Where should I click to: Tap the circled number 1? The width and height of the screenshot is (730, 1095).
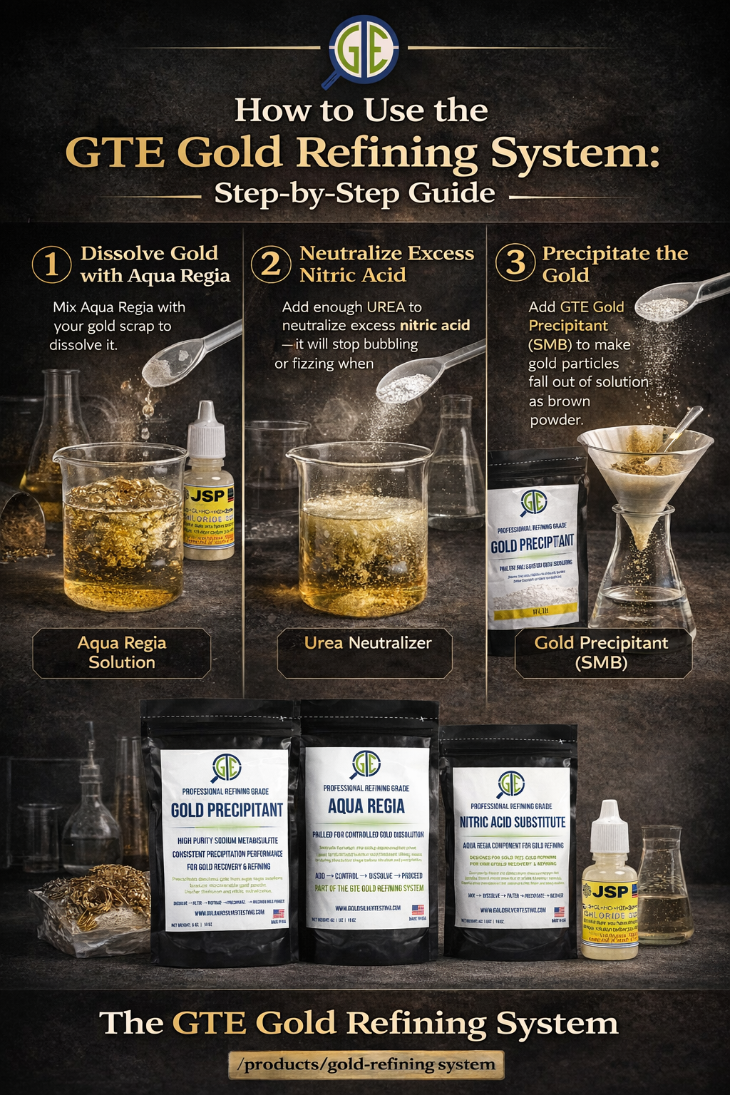[51, 264]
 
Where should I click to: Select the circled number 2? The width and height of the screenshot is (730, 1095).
[271, 264]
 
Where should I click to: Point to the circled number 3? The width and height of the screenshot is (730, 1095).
[515, 263]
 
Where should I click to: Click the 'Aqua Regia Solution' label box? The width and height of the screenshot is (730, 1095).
[122, 652]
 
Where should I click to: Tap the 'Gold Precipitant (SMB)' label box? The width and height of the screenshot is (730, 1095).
[602, 652]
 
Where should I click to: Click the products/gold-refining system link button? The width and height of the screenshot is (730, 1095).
[366, 1064]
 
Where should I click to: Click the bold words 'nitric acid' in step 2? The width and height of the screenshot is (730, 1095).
[434, 326]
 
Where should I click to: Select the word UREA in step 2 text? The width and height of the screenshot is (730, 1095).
[385, 307]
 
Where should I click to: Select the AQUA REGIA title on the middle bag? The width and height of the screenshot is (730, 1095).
[366, 806]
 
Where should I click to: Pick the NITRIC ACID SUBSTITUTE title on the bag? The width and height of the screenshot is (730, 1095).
[512, 822]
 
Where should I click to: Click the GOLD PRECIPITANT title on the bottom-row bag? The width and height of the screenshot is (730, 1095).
[227, 810]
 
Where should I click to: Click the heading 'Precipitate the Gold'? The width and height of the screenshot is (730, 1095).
[615, 264]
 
